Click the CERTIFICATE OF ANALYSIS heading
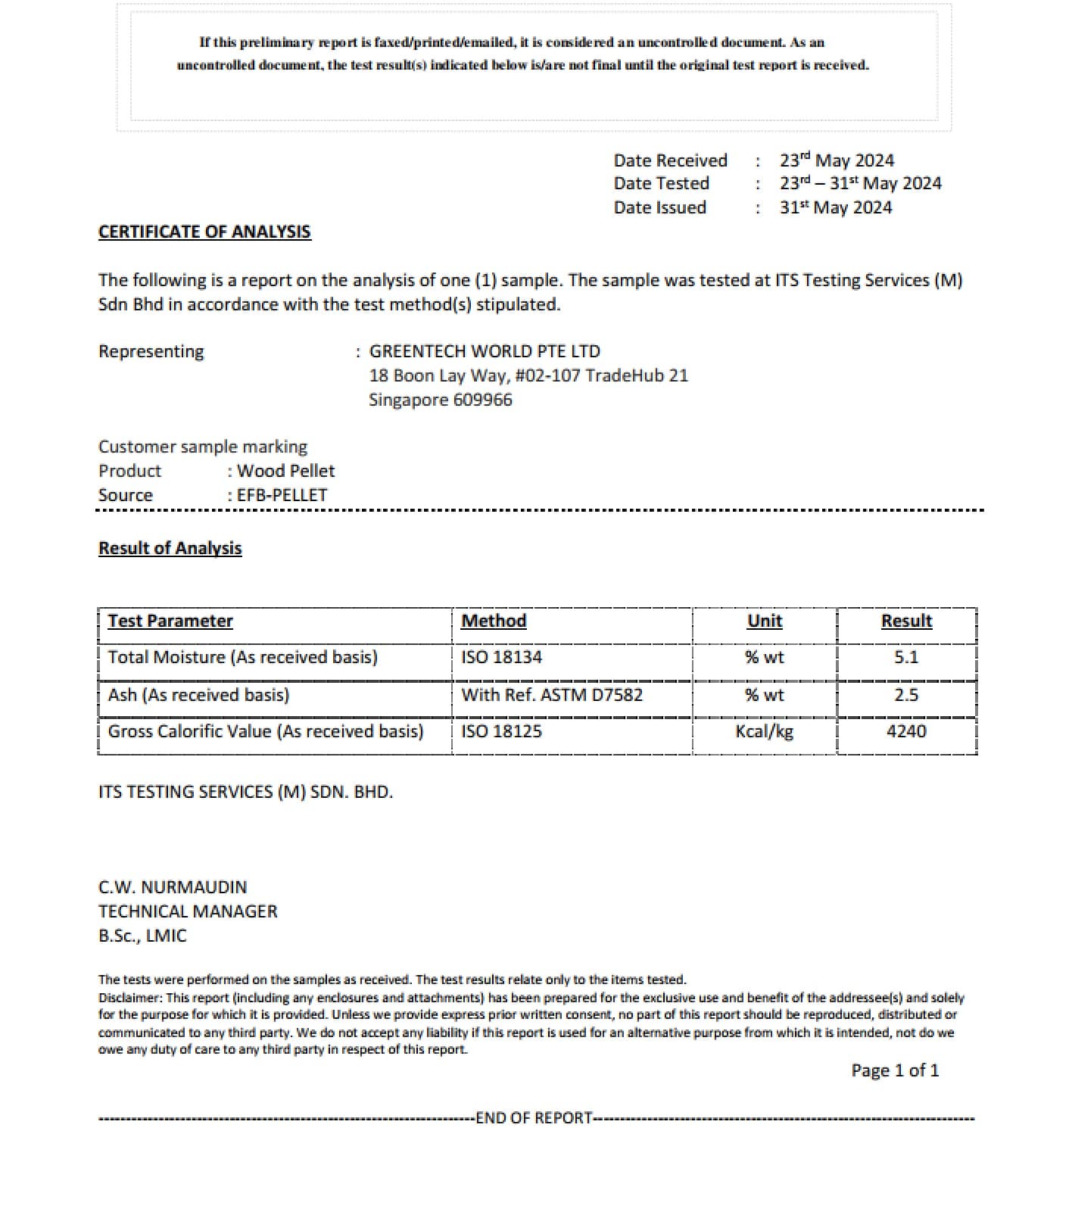(x=204, y=232)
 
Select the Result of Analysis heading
(x=170, y=548)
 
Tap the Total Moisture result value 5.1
(x=905, y=657)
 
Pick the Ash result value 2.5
(x=905, y=695)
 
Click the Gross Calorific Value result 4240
(x=905, y=731)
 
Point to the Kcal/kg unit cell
(x=764, y=731)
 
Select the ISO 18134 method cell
(x=501, y=657)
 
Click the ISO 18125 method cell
(x=501, y=731)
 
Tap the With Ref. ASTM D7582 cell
(x=551, y=695)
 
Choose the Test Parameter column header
(x=170, y=621)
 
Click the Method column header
(x=494, y=621)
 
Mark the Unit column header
(x=764, y=621)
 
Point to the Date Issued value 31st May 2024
(x=836, y=207)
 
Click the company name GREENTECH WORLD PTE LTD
(x=485, y=351)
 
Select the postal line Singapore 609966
(x=440, y=400)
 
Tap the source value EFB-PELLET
(x=282, y=495)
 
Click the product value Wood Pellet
(x=285, y=471)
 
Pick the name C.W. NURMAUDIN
(x=173, y=887)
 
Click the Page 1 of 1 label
(x=895, y=1070)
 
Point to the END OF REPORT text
(x=534, y=1118)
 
